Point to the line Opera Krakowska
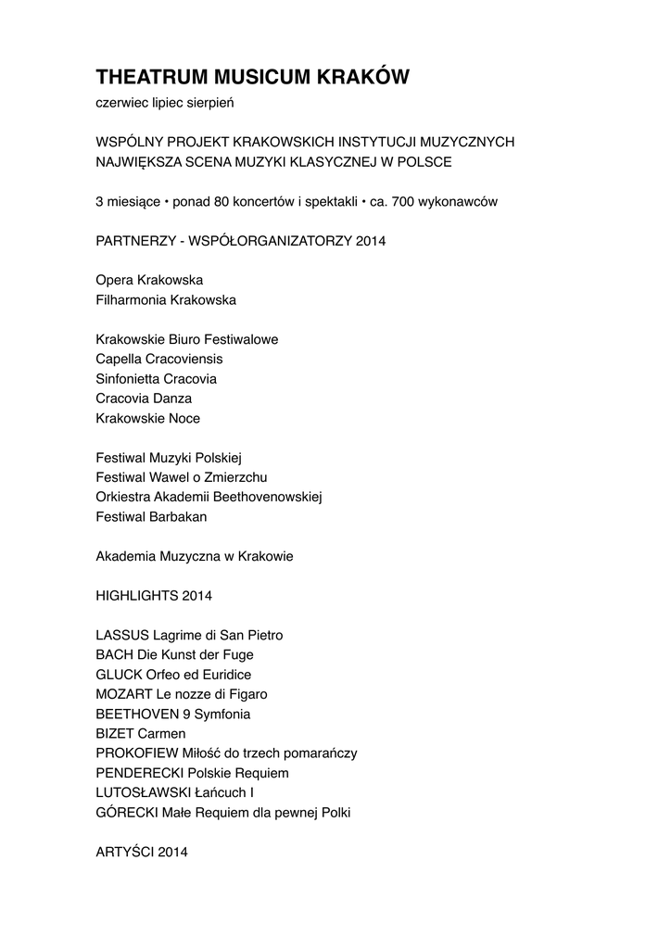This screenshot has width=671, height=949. pos(149,280)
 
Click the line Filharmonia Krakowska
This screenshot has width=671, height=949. pos(166,299)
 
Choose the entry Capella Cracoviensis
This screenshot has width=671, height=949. pos(159,359)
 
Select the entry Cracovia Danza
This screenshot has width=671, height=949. pos(144,398)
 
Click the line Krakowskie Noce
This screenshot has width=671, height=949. pos(148,418)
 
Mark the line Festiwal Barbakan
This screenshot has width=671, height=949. pos(152,516)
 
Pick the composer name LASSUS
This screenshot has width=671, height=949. pos(121,635)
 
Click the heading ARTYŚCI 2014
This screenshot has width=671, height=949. pos(142,852)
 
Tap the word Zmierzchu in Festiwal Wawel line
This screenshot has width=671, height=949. pos(235,476)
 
